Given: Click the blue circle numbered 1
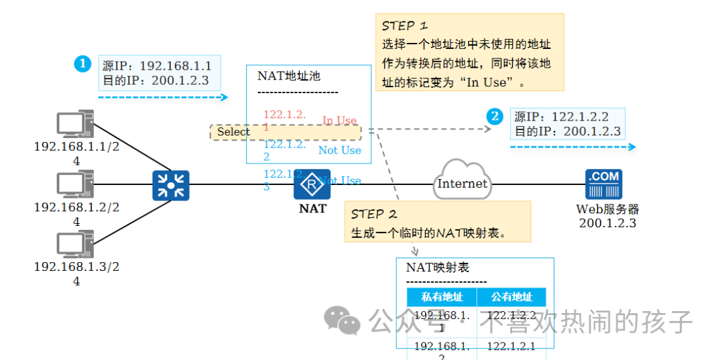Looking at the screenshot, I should [82, 64].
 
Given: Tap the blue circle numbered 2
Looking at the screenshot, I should [495, 117].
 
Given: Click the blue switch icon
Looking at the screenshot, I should [170, 185].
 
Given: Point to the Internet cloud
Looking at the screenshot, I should [463, 181].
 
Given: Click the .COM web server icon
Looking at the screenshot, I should [603, 184].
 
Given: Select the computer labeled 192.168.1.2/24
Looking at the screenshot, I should [74, 184].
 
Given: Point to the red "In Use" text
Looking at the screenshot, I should [339, 121].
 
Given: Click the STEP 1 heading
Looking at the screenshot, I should [404, 26].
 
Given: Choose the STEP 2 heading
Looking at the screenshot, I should [374, 214].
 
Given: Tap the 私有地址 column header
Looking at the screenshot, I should [442, 297].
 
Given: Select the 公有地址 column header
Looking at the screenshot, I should [511, 297].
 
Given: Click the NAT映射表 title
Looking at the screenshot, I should [437, 267].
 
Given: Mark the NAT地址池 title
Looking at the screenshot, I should [289, 76].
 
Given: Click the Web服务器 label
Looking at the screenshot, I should [607, 209].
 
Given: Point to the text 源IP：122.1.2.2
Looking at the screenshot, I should [561, 117].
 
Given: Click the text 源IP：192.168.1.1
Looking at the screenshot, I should [157, 66].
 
